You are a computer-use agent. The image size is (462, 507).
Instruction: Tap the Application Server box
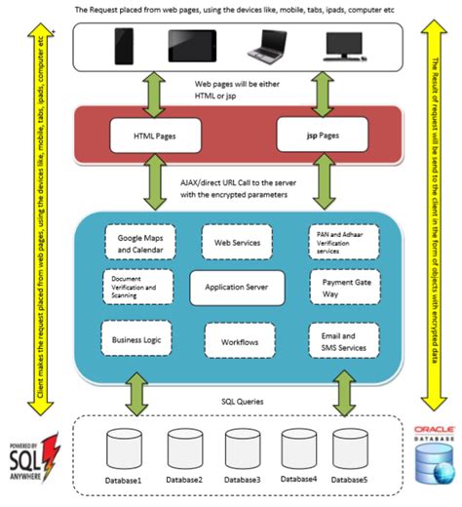pos(237,288)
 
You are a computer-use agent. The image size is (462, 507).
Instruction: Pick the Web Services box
pos(237,241)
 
